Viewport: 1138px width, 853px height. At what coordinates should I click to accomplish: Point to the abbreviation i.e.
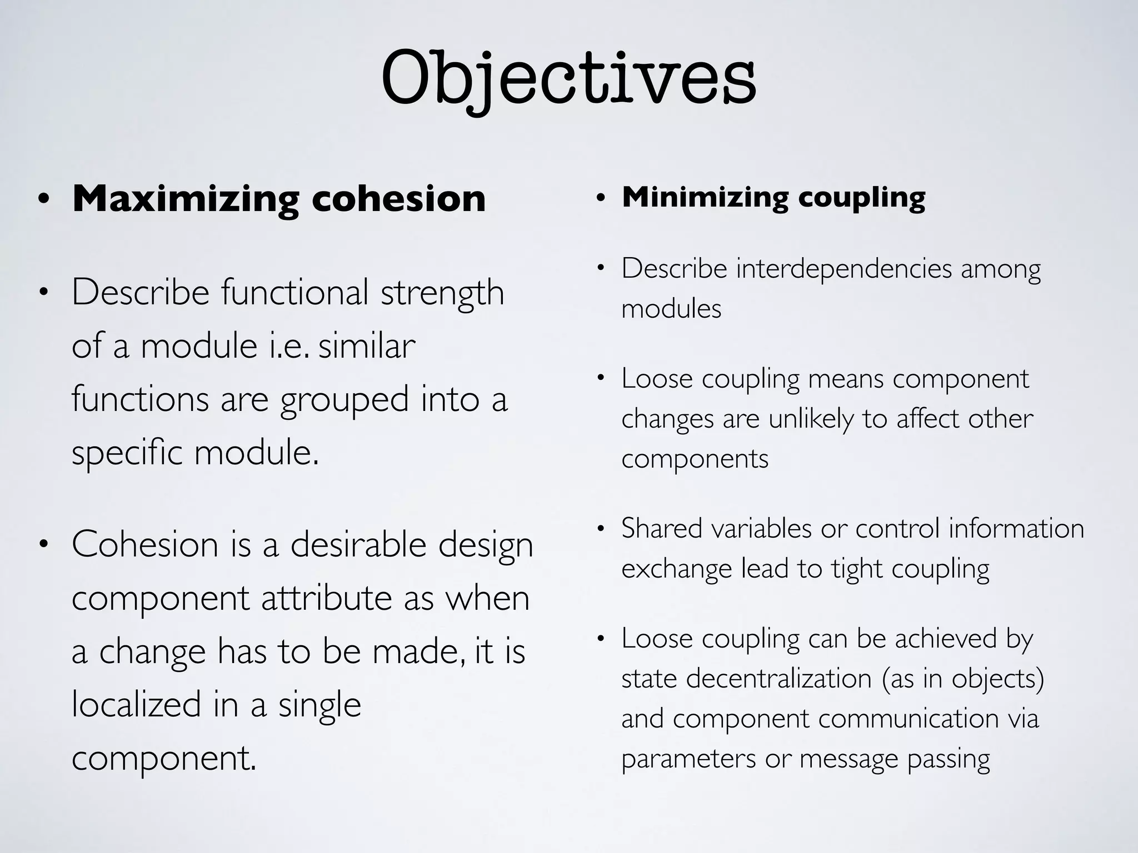(x=289, y=346)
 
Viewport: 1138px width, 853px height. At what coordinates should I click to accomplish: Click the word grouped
(x=345, y=400)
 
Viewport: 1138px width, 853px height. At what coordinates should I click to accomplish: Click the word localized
(x=136, y=705)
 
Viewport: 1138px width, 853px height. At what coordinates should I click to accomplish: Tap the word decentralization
(x=778, y=679)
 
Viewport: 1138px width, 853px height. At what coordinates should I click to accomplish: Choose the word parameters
(x=688, y=759)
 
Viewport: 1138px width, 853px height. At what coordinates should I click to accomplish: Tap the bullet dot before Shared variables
(x=600, y=529)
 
